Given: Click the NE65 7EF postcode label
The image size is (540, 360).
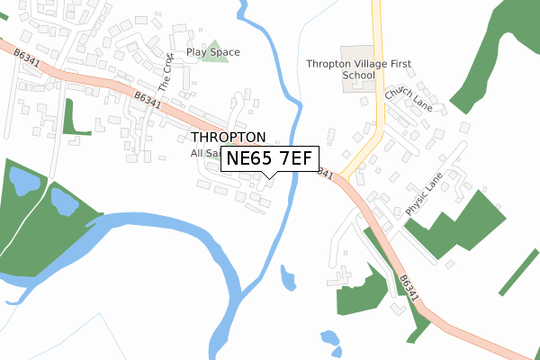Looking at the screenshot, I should coord(269,158).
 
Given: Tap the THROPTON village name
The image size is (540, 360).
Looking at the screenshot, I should coord(229,137).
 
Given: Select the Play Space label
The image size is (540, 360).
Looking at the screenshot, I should coord(213,52).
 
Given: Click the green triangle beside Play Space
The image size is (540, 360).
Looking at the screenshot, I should coord(214,51).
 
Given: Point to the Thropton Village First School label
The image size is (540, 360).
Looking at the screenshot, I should coord(340,69).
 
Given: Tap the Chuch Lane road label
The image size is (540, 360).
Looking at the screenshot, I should coord(409,100).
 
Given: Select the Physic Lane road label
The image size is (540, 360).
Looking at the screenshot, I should coord(425,193).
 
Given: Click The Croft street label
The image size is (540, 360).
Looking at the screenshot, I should coord(164,75).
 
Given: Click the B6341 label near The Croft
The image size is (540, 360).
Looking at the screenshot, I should coord(147,100).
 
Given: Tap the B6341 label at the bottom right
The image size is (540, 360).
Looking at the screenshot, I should coord(409,287).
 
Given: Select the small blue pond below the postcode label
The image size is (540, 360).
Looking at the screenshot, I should coord(288,278).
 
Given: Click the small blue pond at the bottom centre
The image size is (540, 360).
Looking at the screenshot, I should coord(330,341).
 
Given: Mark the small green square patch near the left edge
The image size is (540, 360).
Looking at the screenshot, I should coord(76,118).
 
